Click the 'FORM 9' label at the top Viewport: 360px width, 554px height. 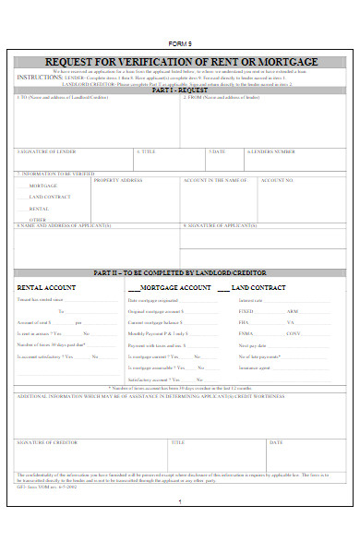pyautogui.click(x=179, y=44)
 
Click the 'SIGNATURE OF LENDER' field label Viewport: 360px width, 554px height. pyautogui.click(x=47, y=151)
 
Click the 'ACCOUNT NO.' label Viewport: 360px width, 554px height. pyautogui.click(x=277, y=180)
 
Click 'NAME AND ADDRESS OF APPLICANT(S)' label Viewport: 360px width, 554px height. pyautogui.click(x=65, y=224)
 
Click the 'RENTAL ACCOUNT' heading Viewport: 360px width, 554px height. pyautogui.click(x=47, y=288)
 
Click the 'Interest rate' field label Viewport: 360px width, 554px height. pyautogui.click(x=252, y=301)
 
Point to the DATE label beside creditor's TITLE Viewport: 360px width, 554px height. pyautogui.click(x=276, y=442)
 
